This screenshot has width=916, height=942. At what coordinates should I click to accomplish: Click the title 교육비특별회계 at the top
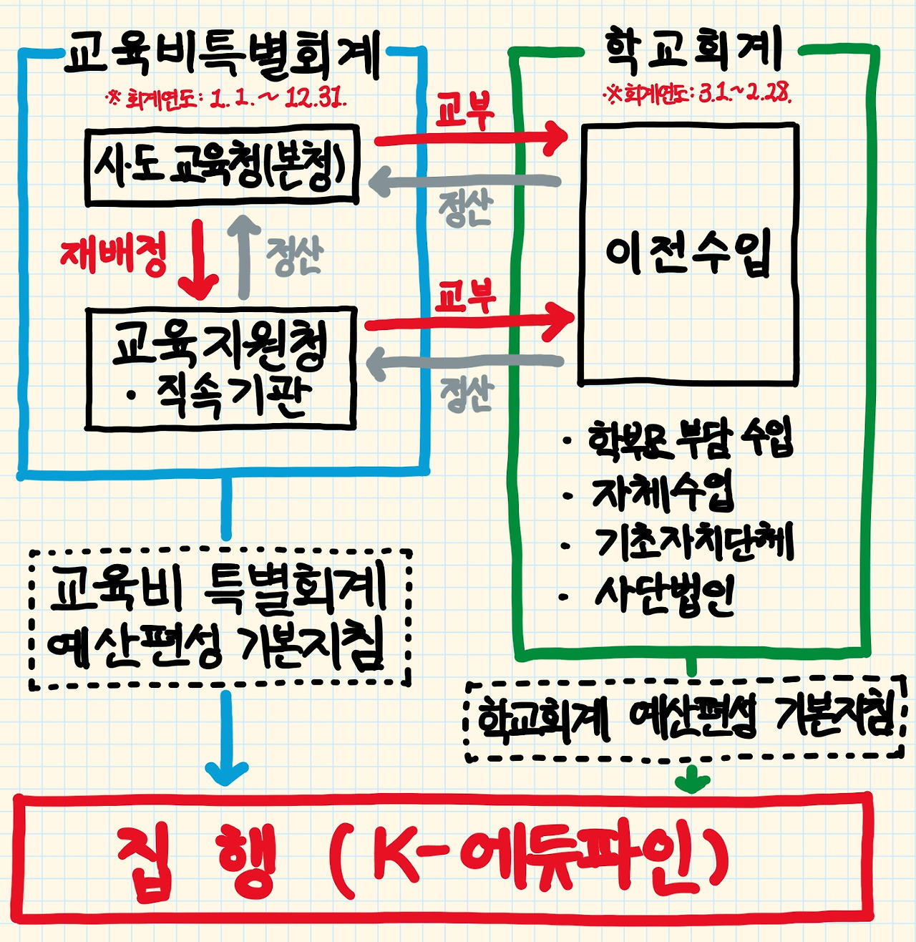[x=222, y=54]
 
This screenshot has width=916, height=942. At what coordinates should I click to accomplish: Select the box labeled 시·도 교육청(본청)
[x=222, y=166]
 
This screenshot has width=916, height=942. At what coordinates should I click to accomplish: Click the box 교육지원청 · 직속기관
[x=220, y=369]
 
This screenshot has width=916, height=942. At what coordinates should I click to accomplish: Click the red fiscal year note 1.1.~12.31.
[x=226, y=98]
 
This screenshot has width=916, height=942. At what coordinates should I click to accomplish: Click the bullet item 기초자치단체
[x=694, y=543]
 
